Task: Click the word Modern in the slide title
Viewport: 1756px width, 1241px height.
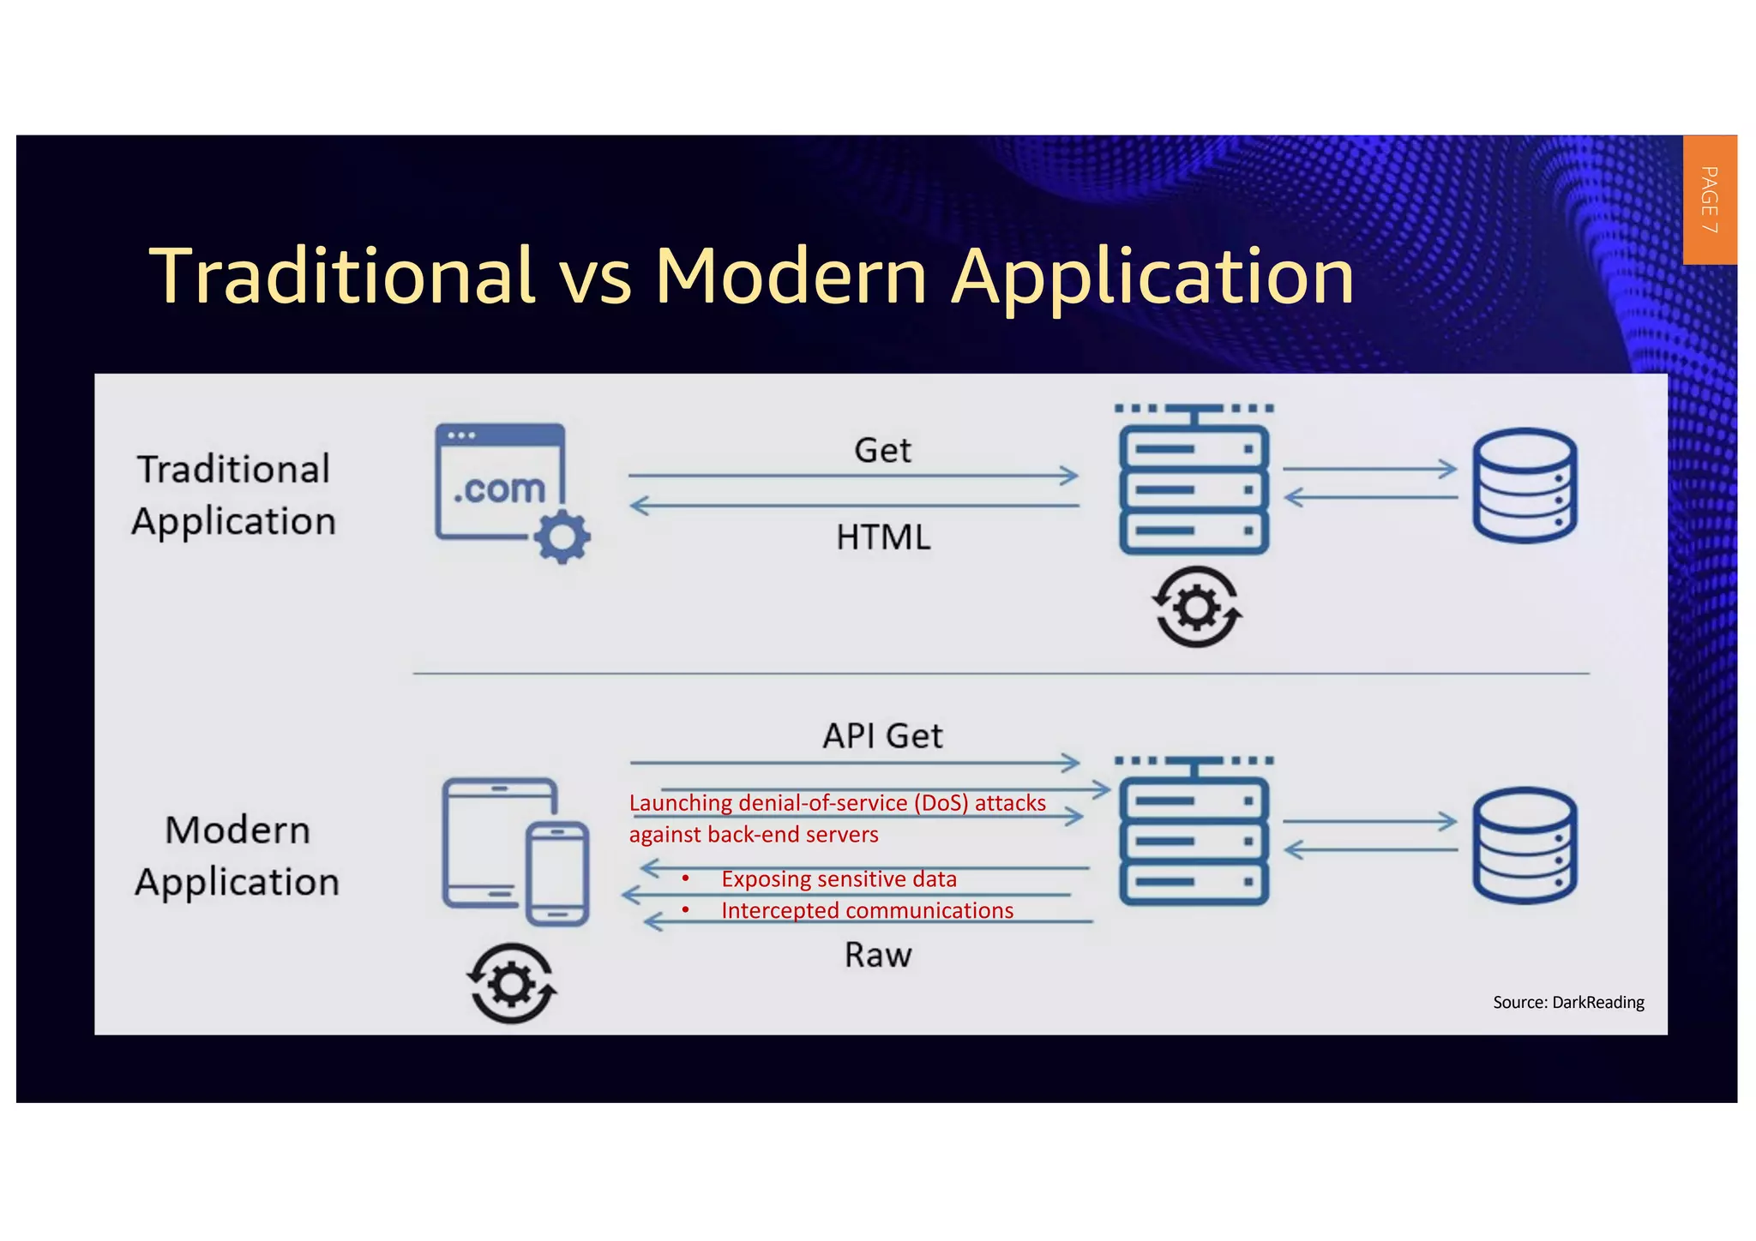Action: click(x=791, y=276)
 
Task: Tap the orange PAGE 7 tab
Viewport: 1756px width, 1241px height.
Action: click(x=1709, y=200)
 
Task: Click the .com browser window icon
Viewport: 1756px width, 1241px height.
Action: click(x=501, y=482)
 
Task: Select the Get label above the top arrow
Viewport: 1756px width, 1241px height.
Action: click(x=882, y=451)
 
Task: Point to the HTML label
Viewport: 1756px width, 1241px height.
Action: click(x=883, y=537)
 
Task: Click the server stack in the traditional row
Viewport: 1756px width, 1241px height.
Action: click(x=1194, y=489)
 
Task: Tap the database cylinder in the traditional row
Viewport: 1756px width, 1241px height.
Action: click(x=1524, y=485)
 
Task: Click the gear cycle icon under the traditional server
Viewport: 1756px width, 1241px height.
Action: click(x=1196, y=607)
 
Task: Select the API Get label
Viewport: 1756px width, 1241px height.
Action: click(x=882, y=736)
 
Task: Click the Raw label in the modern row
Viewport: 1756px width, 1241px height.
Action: click(x=878, y=955)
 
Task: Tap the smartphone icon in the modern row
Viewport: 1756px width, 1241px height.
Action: click(x=557, y=873)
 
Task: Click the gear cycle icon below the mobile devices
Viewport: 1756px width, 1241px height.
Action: click(x=512, y=983)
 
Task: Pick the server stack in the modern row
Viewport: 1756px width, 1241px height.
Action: click(x=1194, y=840)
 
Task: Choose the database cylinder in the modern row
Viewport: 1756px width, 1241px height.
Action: click(x=1524, y=845)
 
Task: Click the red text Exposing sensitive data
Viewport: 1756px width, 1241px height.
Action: click(x=838, y=879)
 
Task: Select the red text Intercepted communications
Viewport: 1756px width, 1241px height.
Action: click(x=867, y=910)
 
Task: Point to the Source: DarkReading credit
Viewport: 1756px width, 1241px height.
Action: click(x=1568, y=1002)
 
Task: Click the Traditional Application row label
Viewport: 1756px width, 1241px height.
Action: click(x=233, y=495)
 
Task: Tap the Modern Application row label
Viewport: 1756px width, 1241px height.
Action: click(x=237, y=856)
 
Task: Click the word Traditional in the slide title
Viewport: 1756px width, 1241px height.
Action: click(x=342, y=276)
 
